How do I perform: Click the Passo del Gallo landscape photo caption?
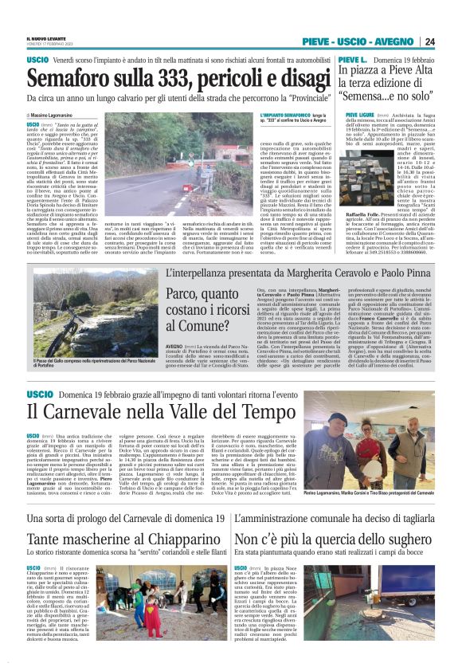point(80,363)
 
